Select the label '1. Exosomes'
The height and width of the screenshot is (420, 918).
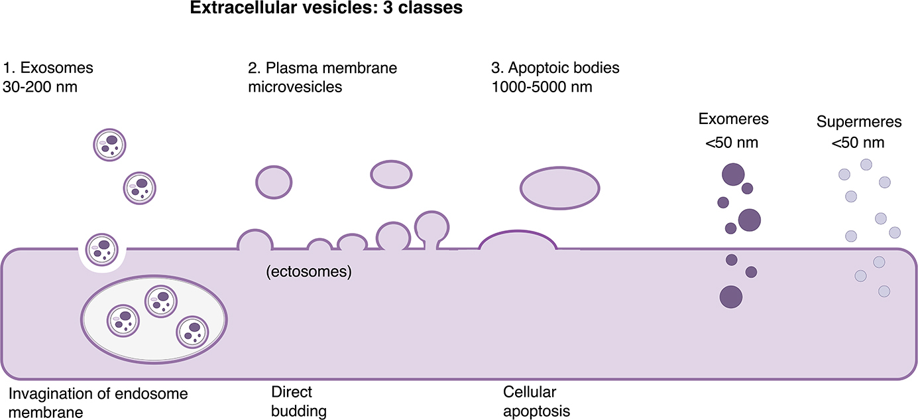[x=48, y=68]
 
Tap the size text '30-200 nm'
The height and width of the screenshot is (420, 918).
[x=40, y=86]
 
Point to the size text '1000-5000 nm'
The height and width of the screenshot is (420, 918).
[x=542, y=86]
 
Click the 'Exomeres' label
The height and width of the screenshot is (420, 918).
[x=733, y=119]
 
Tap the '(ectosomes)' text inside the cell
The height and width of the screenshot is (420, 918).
[x=308, y=271]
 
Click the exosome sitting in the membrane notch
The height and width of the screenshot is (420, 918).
[x=102, y=249]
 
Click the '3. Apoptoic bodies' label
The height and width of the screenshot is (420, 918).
[x=555, y=68]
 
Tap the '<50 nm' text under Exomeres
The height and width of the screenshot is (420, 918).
[x=732, y=142]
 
